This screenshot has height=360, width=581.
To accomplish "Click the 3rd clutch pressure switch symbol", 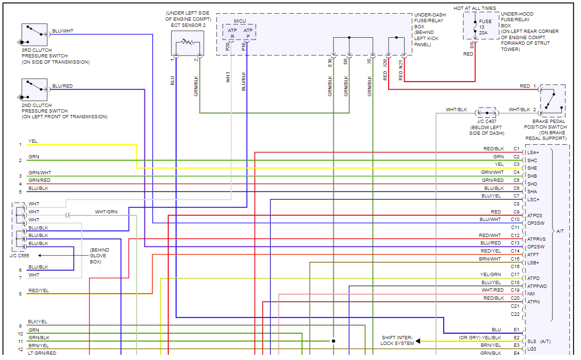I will pyautogui.click(x=34, y=34).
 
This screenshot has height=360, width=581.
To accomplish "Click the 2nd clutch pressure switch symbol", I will pyautogui.click(x=34, y=90).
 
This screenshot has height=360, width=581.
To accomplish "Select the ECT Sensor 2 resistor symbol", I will pyautogui.click(x=188, y=43).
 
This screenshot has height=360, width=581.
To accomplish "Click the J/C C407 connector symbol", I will pyautogui.click(x=487, y=113).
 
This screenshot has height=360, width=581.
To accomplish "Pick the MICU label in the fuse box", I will pyautogui.click(x=240, y=21).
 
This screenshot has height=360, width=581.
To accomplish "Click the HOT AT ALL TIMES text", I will pyautogui.click(x=474, y=8).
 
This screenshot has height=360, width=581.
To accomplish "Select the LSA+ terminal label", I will pyautogui.click(x=533, y=153).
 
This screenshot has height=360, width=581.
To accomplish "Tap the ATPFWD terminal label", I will pyautogui.click(x=537, y=286).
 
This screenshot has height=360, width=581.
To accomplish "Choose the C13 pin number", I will pyautogui.click(x=515, y=243).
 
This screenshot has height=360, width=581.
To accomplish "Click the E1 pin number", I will pyautogui.click(x=516, y=330).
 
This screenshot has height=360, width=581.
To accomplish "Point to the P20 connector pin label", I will pyautogui.click(x=228, y=47).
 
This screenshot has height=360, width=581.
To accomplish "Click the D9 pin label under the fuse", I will pyautogui.click(x=472, y=46).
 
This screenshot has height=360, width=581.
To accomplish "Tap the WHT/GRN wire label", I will pyautogui.click(x=106, y=212).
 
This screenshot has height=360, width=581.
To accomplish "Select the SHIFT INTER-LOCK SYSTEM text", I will pyautogui.click(x=397, y=341).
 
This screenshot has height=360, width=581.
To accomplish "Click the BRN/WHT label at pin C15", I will pyautogui.click(x=490, y=259).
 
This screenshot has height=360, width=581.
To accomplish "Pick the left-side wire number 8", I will pyautogui.click(x=20, y=294).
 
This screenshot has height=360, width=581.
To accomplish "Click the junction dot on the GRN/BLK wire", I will pyautogui.click(x=333, y=341).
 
